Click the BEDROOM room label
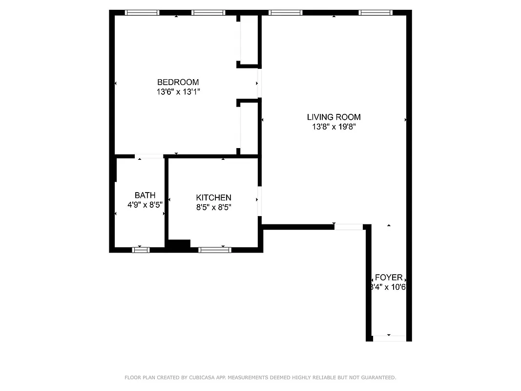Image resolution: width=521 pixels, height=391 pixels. coord(178,82)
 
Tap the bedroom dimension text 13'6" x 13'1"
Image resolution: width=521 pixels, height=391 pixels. coord(178,91)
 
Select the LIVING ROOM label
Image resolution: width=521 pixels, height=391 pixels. coord(333,117)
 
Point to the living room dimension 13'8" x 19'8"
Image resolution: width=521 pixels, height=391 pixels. coord(333,127)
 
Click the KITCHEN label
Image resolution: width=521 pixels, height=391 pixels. coord(213,197)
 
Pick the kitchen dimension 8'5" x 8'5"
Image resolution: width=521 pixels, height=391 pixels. coord(213,207)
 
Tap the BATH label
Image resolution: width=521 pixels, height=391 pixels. coord(145,195)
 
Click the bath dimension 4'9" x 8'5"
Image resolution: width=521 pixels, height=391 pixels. coord(145,205)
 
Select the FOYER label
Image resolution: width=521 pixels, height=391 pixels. coord(389,278)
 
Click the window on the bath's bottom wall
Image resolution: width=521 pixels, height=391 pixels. coord(141,250)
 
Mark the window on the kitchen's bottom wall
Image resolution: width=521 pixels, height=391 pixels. coord(215,250)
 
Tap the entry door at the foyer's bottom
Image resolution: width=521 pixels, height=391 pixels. coord(389,338)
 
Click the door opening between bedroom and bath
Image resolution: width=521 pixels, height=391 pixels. coord(149,156)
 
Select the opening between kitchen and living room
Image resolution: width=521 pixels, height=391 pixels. coord(260,201)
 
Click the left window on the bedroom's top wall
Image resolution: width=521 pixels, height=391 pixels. coord(142,13)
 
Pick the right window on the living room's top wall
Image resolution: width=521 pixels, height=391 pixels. coord(375,13)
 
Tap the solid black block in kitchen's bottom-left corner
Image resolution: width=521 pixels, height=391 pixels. coord(179,245)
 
